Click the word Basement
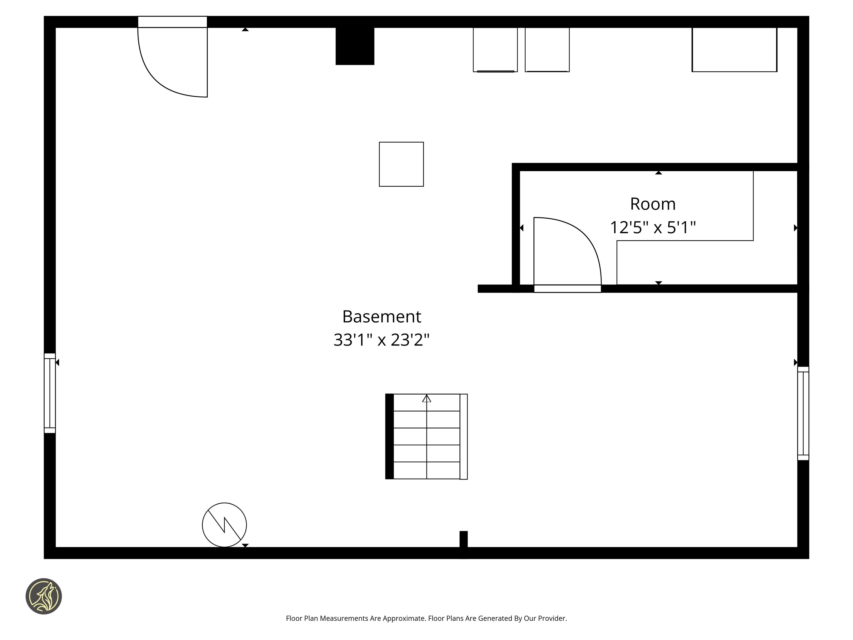point(382,317)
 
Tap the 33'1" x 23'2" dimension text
point(382,340)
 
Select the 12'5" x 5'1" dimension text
point(653,227)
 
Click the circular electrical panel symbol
point(224,525)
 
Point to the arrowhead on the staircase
point(426,399)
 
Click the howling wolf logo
point(44,596)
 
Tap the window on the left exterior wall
point(50,393)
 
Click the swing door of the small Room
point(567,255)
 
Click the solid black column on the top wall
point(355,46)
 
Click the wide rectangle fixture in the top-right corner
point(734,49)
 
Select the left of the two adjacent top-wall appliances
point(495,49)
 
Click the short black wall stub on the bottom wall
point(463,540)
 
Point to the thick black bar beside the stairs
point(390,436)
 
